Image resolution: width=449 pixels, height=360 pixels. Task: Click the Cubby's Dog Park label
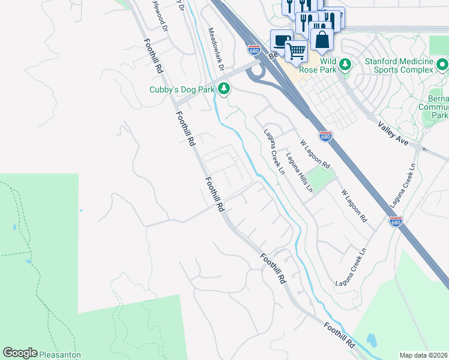click(x=182, y=89)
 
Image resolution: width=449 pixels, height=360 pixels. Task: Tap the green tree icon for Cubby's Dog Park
click(x=224, y=89)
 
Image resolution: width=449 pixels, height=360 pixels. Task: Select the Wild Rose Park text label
click(x=320, y=65)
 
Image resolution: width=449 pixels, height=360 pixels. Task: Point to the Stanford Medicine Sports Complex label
click(x=399, y=65)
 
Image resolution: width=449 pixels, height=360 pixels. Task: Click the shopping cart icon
click(x=296, y=52)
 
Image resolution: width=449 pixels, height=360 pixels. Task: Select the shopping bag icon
click(x=322, y=40)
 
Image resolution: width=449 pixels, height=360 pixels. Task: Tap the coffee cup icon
click(x=281, y=41)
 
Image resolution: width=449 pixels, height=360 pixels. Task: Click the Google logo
click(x=20, y=353)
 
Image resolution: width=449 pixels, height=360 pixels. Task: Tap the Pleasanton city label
click(x=60, y=355)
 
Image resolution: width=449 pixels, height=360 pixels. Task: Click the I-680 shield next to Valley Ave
click(x=325, y=137)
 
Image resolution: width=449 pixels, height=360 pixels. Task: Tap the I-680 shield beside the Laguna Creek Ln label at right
click(x=397, y=222)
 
